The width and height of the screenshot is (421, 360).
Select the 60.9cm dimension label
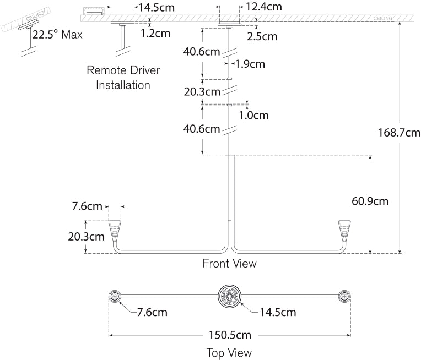(370, 201)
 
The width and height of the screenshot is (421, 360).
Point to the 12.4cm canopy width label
(264, 7)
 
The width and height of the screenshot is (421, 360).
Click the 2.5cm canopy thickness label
(262, 37)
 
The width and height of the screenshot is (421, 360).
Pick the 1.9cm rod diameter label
(250, 64)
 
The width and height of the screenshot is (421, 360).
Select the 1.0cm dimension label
(253, 115)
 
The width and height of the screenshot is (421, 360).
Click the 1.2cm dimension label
(155, 33)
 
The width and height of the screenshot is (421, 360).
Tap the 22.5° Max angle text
(57, 35)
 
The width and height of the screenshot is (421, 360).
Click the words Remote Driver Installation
(123, 78)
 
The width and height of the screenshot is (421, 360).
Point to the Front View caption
(229, 264)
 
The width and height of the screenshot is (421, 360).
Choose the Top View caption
(229, 352)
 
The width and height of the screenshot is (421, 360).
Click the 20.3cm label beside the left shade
(85, 237)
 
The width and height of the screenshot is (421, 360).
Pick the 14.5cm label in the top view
(278, 313)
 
